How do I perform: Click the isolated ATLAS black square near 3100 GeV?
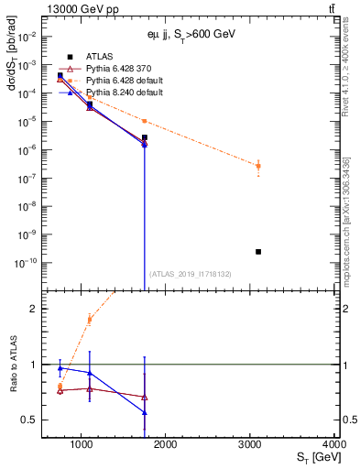(x=258, y=251)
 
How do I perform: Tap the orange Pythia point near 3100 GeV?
(x=258, y=166)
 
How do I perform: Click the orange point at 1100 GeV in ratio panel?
(x=90, y=319)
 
